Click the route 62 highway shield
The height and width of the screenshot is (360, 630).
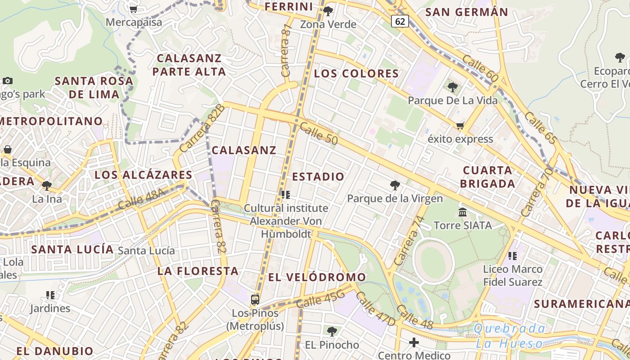point(400,21)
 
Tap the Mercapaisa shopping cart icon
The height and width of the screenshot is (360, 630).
point(134,9)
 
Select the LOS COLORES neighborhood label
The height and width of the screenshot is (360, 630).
point(356,73)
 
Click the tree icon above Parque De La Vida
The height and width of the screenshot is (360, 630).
point(453,87)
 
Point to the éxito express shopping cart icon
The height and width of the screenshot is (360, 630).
point(460,126)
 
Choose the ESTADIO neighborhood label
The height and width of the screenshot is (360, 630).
point(318,176)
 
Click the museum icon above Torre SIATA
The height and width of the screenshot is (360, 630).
point(463,212)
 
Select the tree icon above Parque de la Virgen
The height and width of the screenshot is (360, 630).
point(395,185)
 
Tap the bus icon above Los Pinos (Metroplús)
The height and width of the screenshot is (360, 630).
point(255,299)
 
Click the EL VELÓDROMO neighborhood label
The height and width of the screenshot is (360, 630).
point(317,277)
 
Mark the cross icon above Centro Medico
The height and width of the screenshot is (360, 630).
point(414,342)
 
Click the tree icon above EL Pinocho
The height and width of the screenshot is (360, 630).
point(332,332)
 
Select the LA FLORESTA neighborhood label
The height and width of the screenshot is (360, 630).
point(198,271)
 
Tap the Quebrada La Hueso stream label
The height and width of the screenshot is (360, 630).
point(510,336)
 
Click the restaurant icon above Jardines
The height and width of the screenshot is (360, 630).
point(50,295)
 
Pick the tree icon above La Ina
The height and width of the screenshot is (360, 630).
point(47,185)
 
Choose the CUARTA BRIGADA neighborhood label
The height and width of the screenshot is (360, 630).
point(488,177)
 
